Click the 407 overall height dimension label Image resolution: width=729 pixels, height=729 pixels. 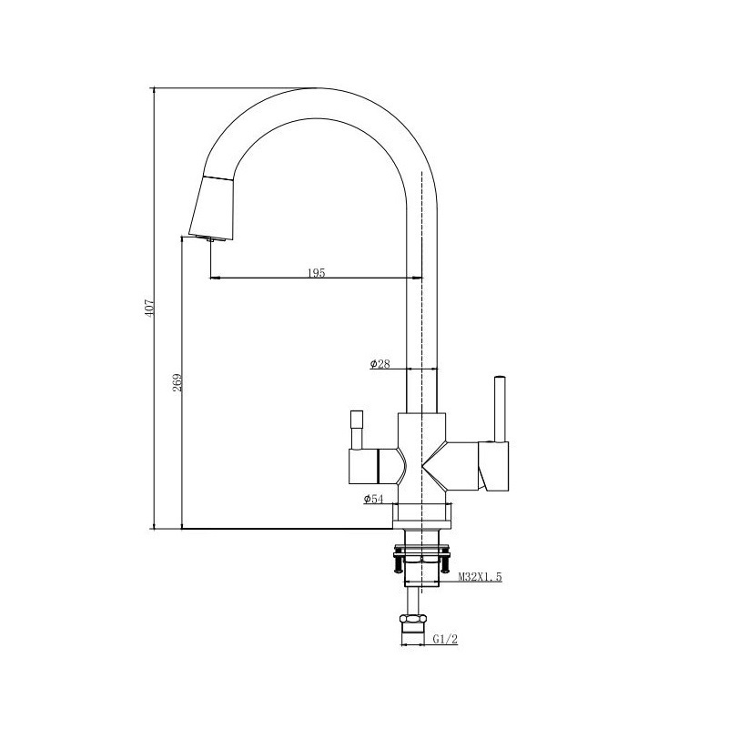point(149,309)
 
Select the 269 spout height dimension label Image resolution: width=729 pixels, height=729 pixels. point(177,382)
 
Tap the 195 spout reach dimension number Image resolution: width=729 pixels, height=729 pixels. point(316,272)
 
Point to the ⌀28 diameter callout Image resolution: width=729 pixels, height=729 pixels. point(380,363)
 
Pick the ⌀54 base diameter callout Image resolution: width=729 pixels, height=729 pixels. point(374,499)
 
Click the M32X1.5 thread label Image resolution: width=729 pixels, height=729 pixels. point(481,577)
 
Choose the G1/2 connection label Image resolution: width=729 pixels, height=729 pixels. point(445,639)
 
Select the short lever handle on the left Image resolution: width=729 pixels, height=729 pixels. point(357,430)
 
